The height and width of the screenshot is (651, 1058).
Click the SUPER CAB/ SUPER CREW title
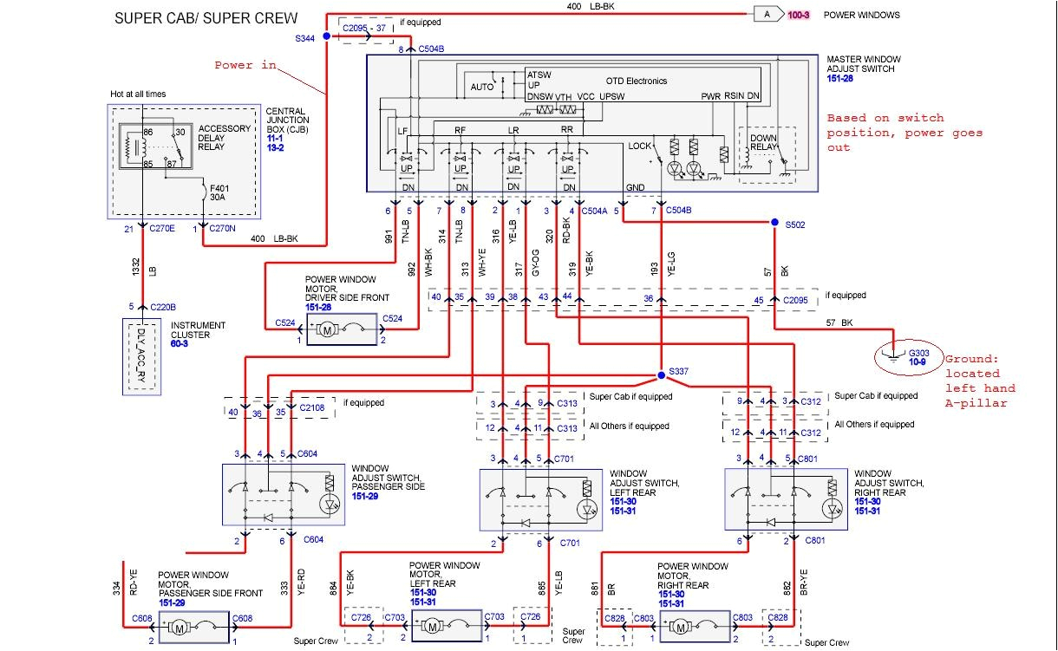tap(206, 18)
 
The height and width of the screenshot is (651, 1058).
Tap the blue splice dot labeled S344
tap(326, 36)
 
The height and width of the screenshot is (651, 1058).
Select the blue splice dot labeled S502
tap(775, 223)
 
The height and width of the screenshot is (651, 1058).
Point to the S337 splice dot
tap(660, 375)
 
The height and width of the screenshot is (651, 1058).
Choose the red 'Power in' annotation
tap(245, 65)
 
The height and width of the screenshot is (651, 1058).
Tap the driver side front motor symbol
tap(328, 330)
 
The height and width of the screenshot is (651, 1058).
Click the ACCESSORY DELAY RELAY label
tap(224, 137)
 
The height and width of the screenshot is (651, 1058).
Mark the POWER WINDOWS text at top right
tap(861, 15)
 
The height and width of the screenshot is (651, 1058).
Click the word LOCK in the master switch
tap(640, 146)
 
